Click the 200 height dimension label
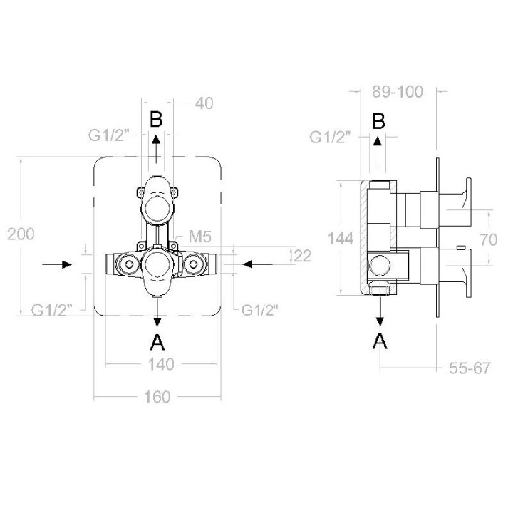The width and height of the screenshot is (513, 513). click(x=21, y=234)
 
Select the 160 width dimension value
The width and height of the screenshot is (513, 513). click(x=157, y=397)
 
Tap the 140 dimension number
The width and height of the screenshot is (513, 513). click(x=161, y=364)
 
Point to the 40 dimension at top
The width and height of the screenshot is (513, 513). click(x=204, y=103)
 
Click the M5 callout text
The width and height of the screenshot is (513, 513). click(x=200, y=237)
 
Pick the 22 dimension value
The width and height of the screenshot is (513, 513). click(x=303, y=256)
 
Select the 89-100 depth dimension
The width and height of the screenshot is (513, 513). click(x=398, y=92)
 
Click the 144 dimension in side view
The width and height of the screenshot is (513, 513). click(x=341, y=239)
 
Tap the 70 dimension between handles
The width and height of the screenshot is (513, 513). click(x=489, y=240)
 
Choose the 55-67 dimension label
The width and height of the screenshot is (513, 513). click(x=470, y=368)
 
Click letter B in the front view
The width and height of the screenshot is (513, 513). click(x=156, y=119)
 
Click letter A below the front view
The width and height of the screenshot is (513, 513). click(x=157, y=343)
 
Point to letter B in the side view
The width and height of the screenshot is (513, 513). click(x=379, y=121)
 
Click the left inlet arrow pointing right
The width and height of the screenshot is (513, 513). click(x=57, y=264)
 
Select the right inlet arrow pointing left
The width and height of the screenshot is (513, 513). click(x=257, y=264)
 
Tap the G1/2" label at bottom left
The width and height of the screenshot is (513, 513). click(x=51, y=310)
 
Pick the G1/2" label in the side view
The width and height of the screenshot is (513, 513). click(x=330, y=137)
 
